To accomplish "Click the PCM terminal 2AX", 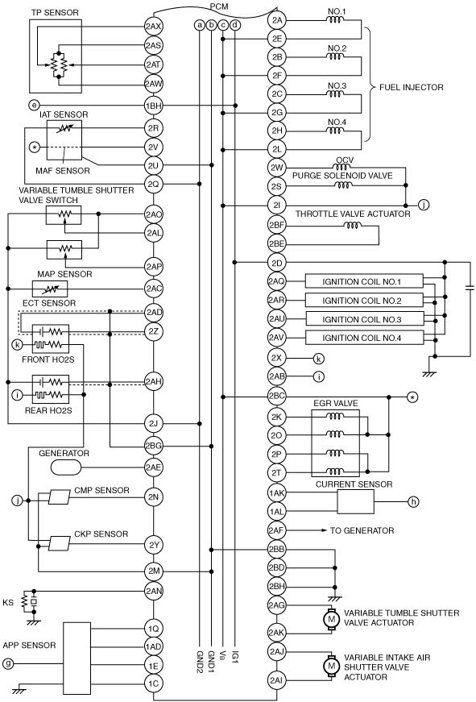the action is [x=154, y=27].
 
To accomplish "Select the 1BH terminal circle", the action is [x=154, y=106].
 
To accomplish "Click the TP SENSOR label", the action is [x=55, y=13].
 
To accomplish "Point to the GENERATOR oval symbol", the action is [x=66, y=467].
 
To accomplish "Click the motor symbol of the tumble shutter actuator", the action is [x=332, y=619].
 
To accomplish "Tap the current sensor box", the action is [x=355, y=501].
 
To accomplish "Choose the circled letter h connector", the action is [x=413, y=502].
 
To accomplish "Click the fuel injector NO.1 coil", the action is [x=336, y=19].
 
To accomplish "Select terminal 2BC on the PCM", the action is [x=277, y=397].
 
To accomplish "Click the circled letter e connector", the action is [x=34, y=106].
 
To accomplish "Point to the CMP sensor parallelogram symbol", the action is [x=60, y=497].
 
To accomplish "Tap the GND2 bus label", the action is [x=200, y=662].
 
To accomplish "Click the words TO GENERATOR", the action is [x=362, y=530].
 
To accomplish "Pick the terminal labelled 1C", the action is [x=154, y=683].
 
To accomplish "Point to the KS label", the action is [x=8, y=603].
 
